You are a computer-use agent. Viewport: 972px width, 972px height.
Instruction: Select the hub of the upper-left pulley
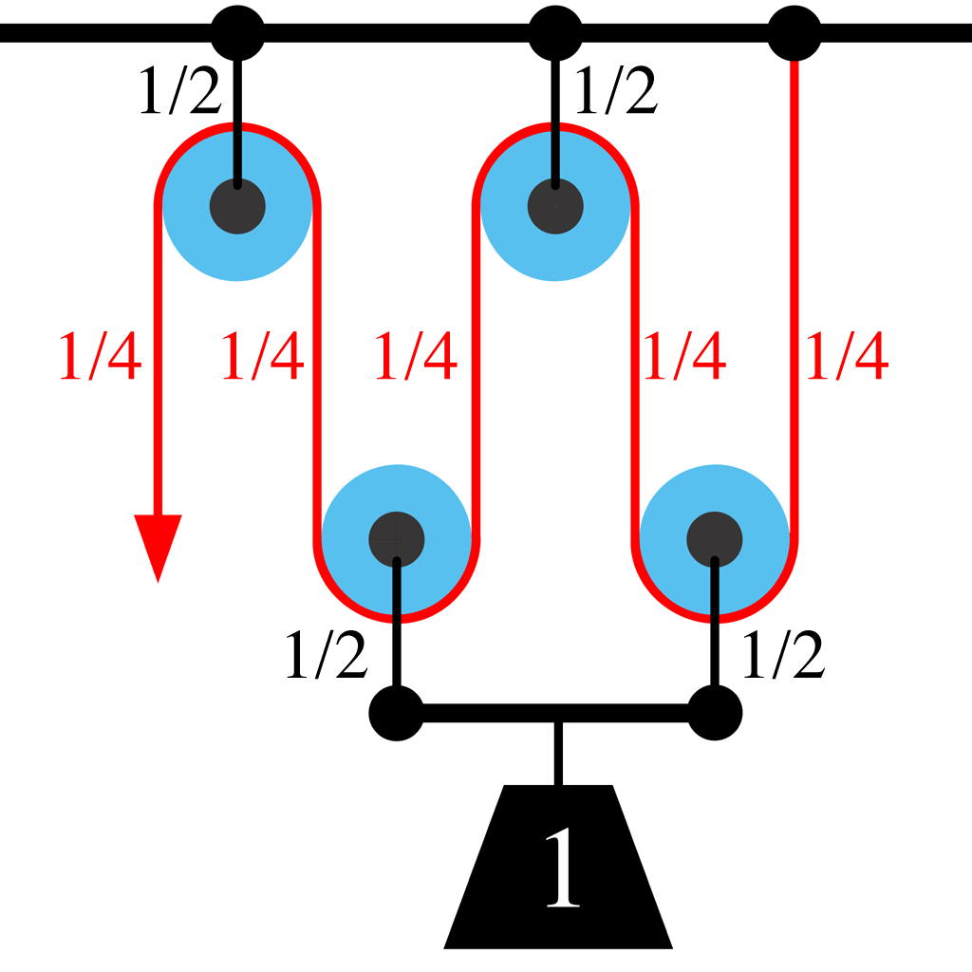click(x=237, y=205)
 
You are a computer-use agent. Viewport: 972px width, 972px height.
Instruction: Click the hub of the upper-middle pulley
click(x=555, y=205)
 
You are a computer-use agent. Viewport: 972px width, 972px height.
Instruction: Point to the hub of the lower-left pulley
click(x=397, y=538)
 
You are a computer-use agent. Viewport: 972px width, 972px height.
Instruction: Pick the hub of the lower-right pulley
click(x=715, y=538)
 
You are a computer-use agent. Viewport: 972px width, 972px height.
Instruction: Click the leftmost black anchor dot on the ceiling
click(x=237, y=33)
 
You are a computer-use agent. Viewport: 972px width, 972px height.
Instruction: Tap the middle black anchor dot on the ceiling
click(x=555, y=33)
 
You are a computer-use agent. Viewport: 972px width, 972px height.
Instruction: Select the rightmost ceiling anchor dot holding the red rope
click(x=794, y=33)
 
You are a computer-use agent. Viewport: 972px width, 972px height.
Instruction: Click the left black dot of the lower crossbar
click(x=397, y=712)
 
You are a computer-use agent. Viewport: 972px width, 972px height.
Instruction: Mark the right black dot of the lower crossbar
click(x=714, y=712)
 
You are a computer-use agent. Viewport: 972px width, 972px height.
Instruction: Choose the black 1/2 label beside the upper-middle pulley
click(x=616, y=92)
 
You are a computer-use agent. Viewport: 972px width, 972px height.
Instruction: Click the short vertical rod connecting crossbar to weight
click(x=558, y=754)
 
